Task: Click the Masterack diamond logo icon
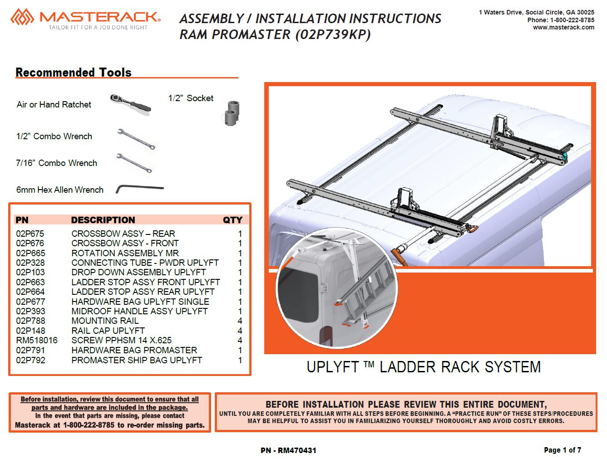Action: click(22, 17)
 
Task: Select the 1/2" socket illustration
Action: click(232, 113)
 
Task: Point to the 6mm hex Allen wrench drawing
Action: click(140, 189)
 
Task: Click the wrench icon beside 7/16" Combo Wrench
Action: click(134, 163)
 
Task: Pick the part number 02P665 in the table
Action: click(30, 253)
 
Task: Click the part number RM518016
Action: click(37, 340)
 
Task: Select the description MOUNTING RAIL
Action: click(105, 321)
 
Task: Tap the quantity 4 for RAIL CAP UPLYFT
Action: click(240, 331)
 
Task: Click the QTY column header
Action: click(232, 220)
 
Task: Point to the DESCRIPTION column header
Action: click(103, 220)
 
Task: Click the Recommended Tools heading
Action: click(74, 72)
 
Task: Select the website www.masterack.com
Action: click(563, 27)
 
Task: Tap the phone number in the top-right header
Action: click(561, 20)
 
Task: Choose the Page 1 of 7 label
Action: click(563, 450)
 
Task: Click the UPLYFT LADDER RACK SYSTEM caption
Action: click(424, 367)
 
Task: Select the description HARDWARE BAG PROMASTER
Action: click(134, 350)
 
